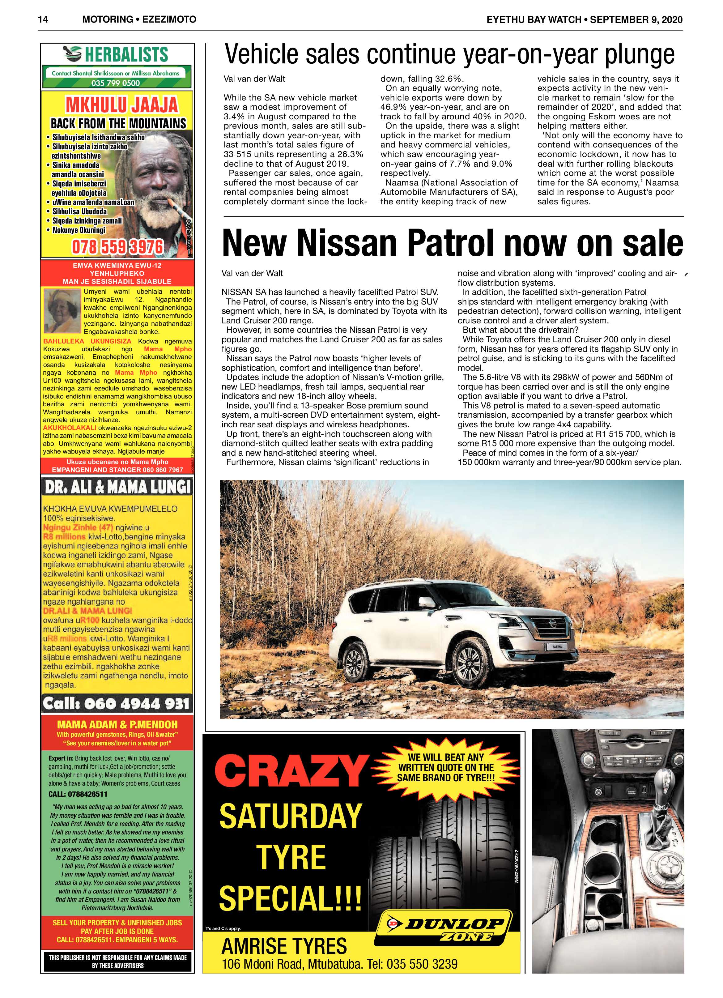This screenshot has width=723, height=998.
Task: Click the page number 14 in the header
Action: tap(43, 19)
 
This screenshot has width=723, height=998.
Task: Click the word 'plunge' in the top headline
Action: tap(633, 55)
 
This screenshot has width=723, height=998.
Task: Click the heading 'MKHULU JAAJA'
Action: tap(121, 105)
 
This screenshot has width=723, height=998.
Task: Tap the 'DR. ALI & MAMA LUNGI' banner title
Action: tap(117, 487)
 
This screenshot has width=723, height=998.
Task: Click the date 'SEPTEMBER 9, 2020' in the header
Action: tap(636, 20)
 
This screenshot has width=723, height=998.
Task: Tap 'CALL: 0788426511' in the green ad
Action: tap(78, 794)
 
